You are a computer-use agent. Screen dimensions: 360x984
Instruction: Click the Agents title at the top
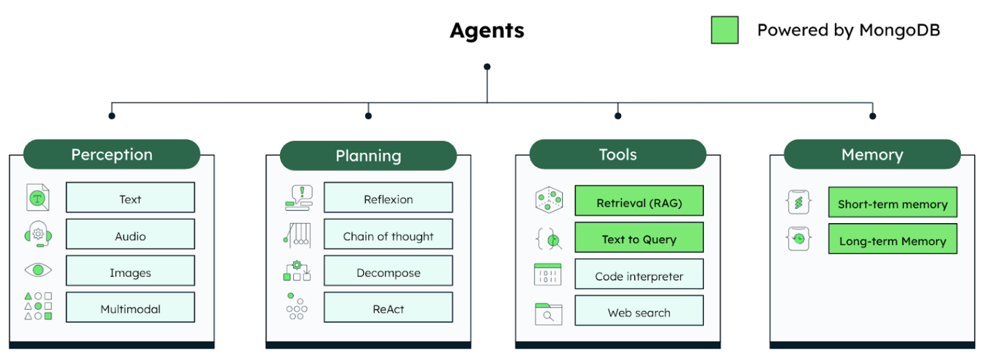pyautogui.click(x=487, y=31)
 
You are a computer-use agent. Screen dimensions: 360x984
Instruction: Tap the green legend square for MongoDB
pyautogui.click(x=724, y=30)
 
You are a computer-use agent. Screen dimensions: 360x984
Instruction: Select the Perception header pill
pyautogui.click(x=111, y=155)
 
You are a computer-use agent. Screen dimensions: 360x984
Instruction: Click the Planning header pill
pyautogui.click(x=368, y=156)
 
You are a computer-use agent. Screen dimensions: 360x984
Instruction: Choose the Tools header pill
pyautogui.click(x=618, y=155)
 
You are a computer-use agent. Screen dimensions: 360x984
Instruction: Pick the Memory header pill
pyautogui.click(x=872, y=155)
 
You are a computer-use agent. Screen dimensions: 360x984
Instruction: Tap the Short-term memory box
pyautogui.click(x=893, y=203)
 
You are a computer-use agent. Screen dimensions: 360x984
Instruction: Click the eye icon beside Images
pyautogui.click(x=38, y=270)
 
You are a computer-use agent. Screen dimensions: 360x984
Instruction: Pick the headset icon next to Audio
pyautogui.click(x=38, y=234)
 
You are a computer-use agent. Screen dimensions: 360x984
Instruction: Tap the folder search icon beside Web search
pyautogui.click(x=548, y=314)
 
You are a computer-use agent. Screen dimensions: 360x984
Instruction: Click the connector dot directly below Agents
pyautogui.click(x=487, y=67)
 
